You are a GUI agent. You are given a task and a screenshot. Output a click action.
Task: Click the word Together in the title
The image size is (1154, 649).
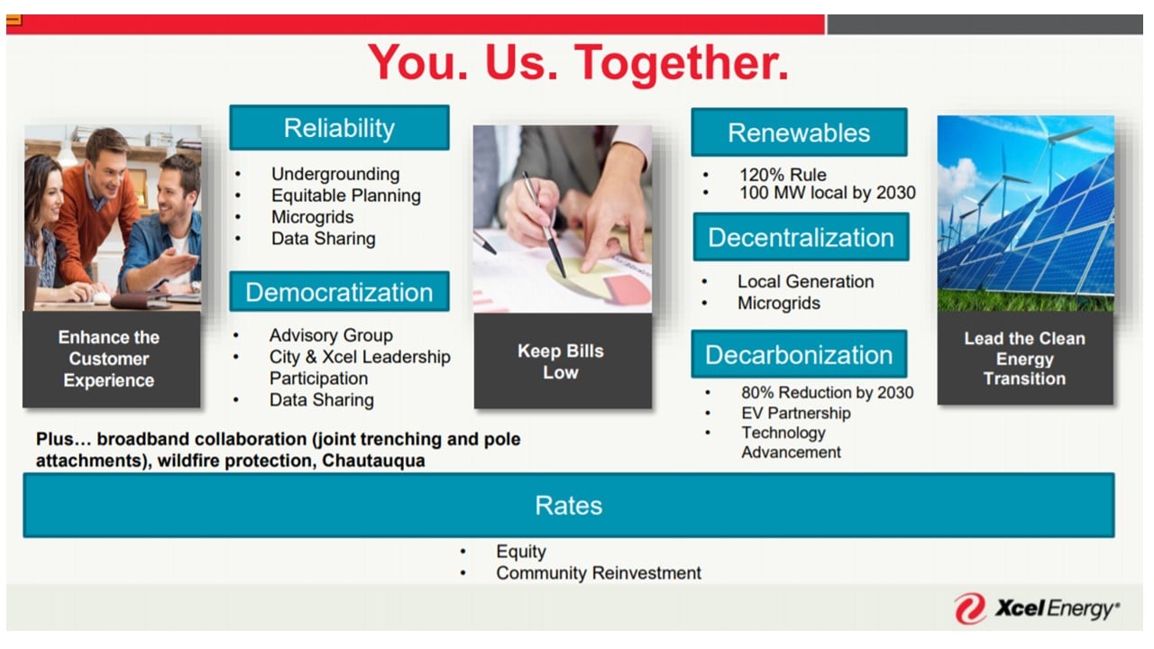[681, 63]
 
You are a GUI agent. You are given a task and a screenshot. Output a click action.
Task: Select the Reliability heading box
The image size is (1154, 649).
[340, 128]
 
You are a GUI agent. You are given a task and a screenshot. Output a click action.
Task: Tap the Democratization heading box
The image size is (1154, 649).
[340, 291]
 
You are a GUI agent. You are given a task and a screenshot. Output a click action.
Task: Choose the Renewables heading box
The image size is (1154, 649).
[799, 133]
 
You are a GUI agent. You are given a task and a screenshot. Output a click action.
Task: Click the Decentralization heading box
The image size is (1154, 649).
[801, 237]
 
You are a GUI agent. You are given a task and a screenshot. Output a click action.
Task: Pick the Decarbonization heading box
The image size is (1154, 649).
[799, 354]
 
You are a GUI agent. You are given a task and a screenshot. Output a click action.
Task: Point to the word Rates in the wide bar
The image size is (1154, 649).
[568, 506]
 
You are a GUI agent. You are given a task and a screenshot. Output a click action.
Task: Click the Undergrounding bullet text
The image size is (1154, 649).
[335, 174]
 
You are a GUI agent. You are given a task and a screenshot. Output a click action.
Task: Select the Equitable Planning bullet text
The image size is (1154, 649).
[346, 196]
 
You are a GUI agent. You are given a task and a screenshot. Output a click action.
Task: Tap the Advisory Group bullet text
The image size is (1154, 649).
[331, 335]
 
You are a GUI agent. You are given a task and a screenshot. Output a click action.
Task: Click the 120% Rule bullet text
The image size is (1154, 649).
[783, 175]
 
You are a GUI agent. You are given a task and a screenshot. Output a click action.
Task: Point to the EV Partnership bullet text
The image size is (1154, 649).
[796, 413]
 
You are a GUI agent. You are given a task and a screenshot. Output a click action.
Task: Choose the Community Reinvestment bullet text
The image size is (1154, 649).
[599, 572]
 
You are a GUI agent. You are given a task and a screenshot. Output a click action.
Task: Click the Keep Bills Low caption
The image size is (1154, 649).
[561, 361]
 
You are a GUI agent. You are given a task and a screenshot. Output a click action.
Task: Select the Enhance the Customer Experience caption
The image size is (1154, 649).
[109, 359]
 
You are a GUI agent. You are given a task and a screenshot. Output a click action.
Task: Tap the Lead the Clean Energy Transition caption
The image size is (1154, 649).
[1025, 359]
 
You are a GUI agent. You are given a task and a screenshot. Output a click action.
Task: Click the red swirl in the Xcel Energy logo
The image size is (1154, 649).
[970, 608]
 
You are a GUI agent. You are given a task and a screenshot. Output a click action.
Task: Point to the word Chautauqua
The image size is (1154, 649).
[373, 461]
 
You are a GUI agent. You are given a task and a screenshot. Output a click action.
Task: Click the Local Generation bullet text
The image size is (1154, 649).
[806, 282]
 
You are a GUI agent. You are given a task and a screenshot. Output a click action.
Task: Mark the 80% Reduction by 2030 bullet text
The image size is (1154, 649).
[828, 392]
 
